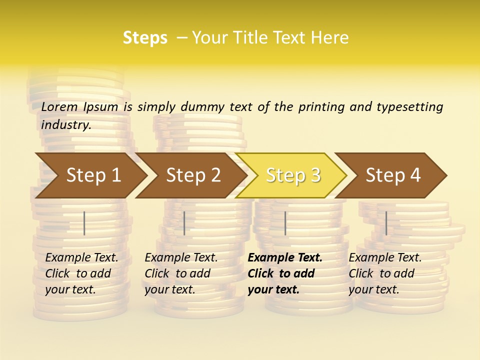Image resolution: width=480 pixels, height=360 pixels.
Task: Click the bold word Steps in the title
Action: tap(145, 38)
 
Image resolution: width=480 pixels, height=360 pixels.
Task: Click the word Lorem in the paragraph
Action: tap(59, 106)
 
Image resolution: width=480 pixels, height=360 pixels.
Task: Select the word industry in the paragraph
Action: tap(65, 124)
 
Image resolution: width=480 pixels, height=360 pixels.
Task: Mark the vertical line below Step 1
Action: tap(84, 223)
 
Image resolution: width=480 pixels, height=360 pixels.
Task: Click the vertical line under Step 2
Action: tap(184, 223)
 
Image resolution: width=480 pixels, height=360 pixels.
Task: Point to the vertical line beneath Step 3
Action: tap(285, 223)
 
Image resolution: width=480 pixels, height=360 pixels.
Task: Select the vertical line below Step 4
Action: tap(386, 223)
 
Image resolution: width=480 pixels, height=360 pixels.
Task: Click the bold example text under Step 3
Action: tap(284, 273)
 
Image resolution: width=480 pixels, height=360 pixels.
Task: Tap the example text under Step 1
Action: tap(81, 273)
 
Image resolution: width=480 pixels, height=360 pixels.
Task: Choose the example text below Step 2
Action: tap(181, 273)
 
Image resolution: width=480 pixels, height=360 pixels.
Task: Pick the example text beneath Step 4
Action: tap(385, 273)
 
